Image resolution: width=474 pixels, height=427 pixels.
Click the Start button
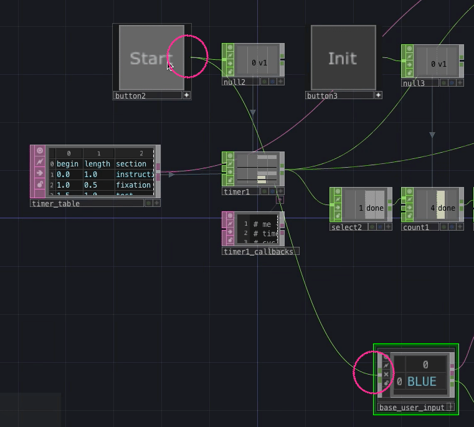coord(151,58)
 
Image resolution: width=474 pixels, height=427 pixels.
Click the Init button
coord(343,58)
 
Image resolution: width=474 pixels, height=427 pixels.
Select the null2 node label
coord(234,82)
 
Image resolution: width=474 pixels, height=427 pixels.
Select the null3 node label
coord(414,83)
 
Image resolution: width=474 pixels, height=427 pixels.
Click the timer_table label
coord(55,203)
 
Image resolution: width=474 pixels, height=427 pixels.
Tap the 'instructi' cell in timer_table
coord(134,175)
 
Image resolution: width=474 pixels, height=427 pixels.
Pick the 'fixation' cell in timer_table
coord(133,185)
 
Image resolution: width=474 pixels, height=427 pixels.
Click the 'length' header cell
coord(97,164)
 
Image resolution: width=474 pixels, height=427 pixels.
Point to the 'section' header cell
coord(131,164)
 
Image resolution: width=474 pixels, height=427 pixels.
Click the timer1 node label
coord(235,192)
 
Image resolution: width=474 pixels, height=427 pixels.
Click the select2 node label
coord(346,228)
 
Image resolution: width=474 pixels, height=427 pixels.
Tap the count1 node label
coord(416,228)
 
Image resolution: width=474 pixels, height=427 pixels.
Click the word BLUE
coord(422,381)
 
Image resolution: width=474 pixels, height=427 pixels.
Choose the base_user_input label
coord(412,408)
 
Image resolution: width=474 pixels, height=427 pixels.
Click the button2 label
coord(130,96)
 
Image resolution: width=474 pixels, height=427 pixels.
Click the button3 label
coord(322,96)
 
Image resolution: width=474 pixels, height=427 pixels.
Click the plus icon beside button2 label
coord(186,95)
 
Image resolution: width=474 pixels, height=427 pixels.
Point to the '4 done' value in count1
coord(443,208)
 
